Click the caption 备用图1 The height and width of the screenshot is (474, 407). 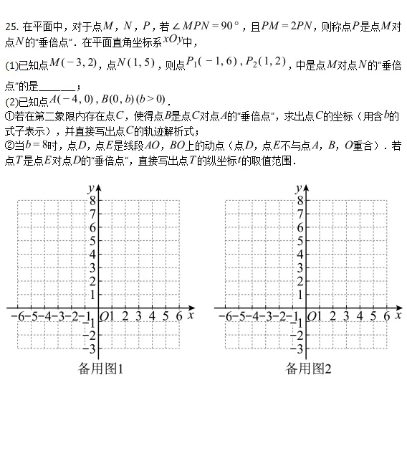tap(101, 369)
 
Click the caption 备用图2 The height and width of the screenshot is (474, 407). tap(309, 369)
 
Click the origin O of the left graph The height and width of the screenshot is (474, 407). tap(105, 316)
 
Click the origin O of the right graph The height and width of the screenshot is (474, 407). tap(312, 316)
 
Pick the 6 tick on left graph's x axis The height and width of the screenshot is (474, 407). tap(179, 316)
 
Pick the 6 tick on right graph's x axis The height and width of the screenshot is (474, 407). tap(387, 316)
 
